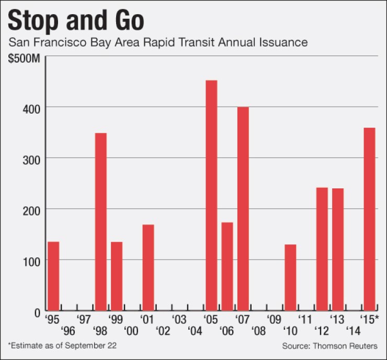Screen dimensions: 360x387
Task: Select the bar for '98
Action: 101,222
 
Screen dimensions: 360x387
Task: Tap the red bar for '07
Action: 243,209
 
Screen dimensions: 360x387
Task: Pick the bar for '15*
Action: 369,219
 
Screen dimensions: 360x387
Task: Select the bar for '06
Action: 227,267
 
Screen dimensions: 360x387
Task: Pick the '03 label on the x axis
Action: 179,319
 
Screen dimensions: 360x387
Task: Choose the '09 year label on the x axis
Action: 274,319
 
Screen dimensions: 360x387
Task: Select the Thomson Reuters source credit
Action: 329,346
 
